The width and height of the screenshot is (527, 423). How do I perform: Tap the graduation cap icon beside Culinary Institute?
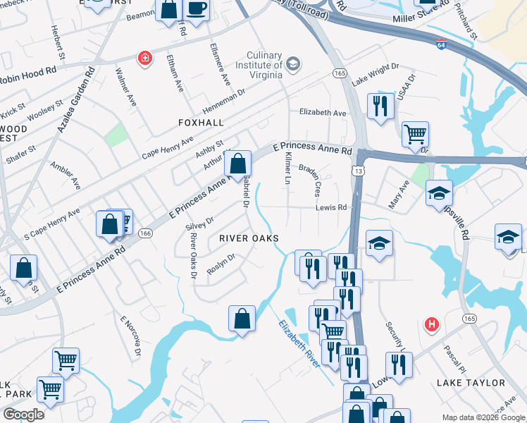(x=294, y=66)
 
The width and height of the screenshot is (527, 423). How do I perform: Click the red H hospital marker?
(x=432, y=324)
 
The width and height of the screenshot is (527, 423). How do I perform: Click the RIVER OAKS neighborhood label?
(x=249, y=238)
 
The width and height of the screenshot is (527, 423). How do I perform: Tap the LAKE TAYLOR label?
(x=471, y=383)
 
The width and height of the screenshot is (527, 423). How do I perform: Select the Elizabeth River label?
(x=300, y=344)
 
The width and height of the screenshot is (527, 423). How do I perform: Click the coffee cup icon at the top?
(x=197, y=9)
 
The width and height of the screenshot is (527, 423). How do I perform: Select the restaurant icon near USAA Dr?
(x=380, y=106)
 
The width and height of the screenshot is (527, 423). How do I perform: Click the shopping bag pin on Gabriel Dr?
(x=237, y=164)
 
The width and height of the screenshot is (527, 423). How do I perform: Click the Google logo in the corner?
(x=23, y=415)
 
